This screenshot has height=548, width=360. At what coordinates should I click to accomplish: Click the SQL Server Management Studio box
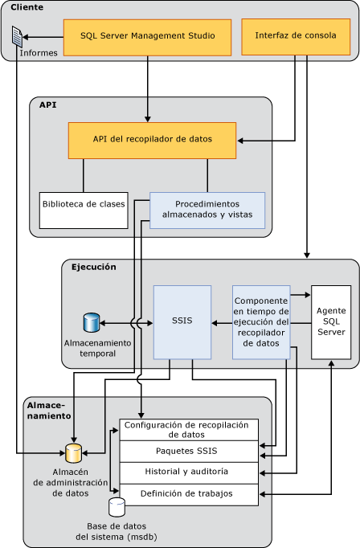147,37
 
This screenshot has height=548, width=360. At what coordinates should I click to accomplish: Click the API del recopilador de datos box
152,140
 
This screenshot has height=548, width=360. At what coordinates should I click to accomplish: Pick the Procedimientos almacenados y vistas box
207,210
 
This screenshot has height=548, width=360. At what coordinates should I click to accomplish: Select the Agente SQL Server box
331,321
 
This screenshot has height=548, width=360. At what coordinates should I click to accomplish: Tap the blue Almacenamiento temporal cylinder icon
91,323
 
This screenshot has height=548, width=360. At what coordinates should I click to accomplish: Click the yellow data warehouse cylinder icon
73,453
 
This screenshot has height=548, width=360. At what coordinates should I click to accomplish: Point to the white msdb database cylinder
117,507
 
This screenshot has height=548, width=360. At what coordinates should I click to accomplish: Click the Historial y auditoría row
190,472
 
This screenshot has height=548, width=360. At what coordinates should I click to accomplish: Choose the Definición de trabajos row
190,493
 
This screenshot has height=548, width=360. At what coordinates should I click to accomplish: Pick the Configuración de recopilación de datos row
190,429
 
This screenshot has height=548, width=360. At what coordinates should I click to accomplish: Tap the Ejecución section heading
93,267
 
